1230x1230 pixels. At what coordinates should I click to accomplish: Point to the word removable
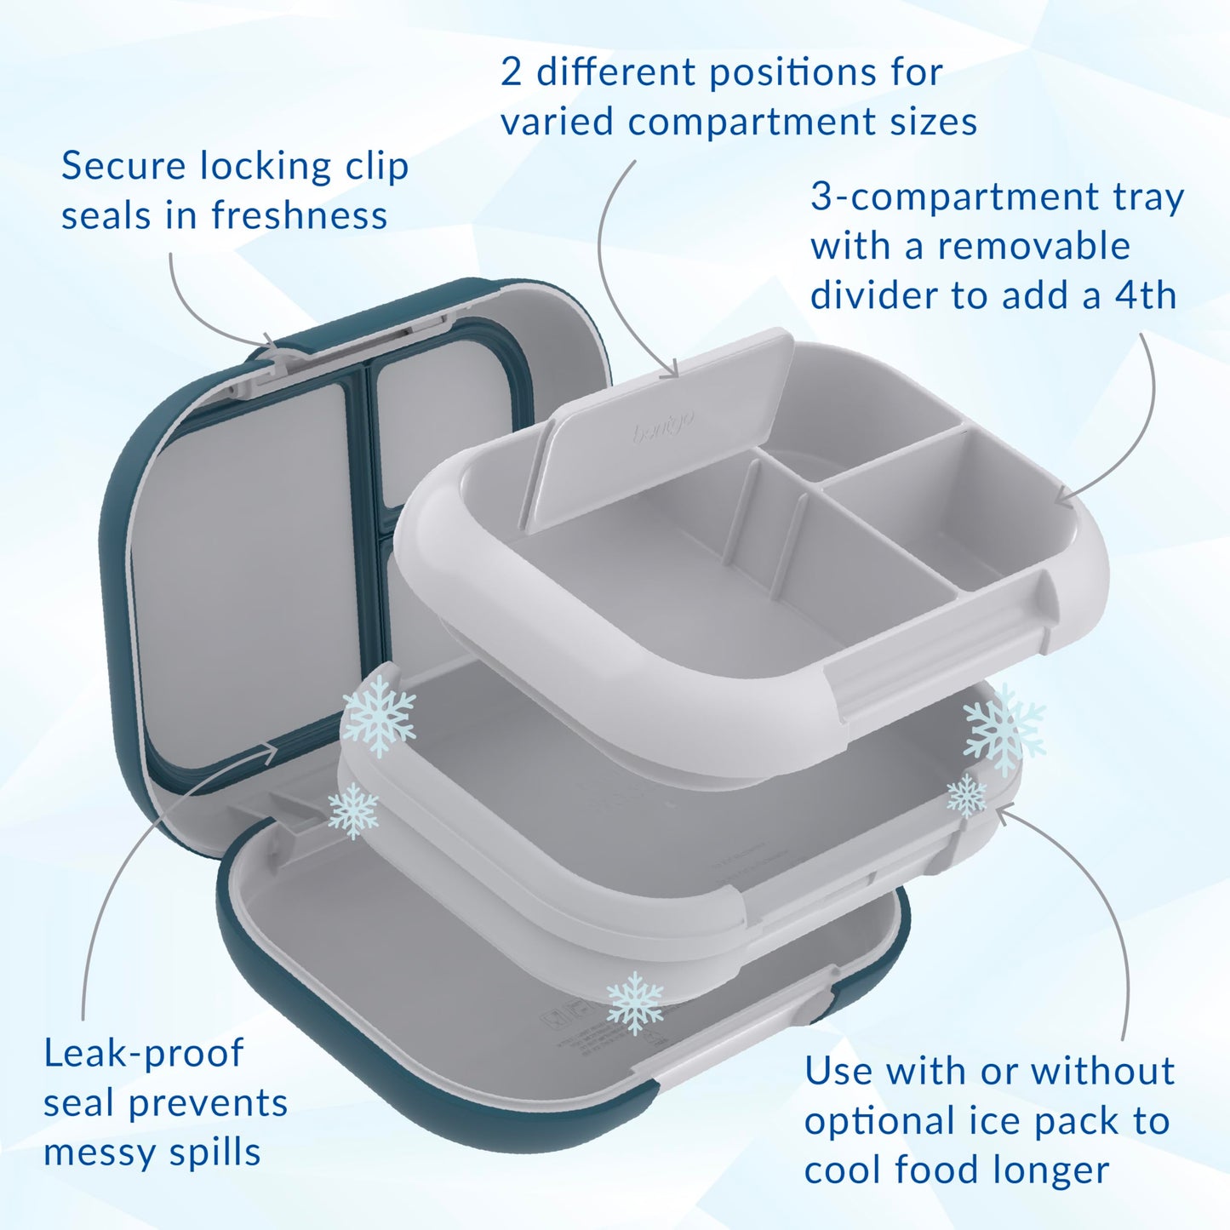[1033, 247]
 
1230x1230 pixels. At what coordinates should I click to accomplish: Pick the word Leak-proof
[143, 1054]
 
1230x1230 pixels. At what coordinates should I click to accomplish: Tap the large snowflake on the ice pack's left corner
[378, 715]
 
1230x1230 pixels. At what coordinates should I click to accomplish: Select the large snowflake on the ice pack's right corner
[1004, 728]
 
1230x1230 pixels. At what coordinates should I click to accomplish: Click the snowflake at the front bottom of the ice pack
[634, 1002]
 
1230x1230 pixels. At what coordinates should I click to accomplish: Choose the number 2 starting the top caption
[511, 72]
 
